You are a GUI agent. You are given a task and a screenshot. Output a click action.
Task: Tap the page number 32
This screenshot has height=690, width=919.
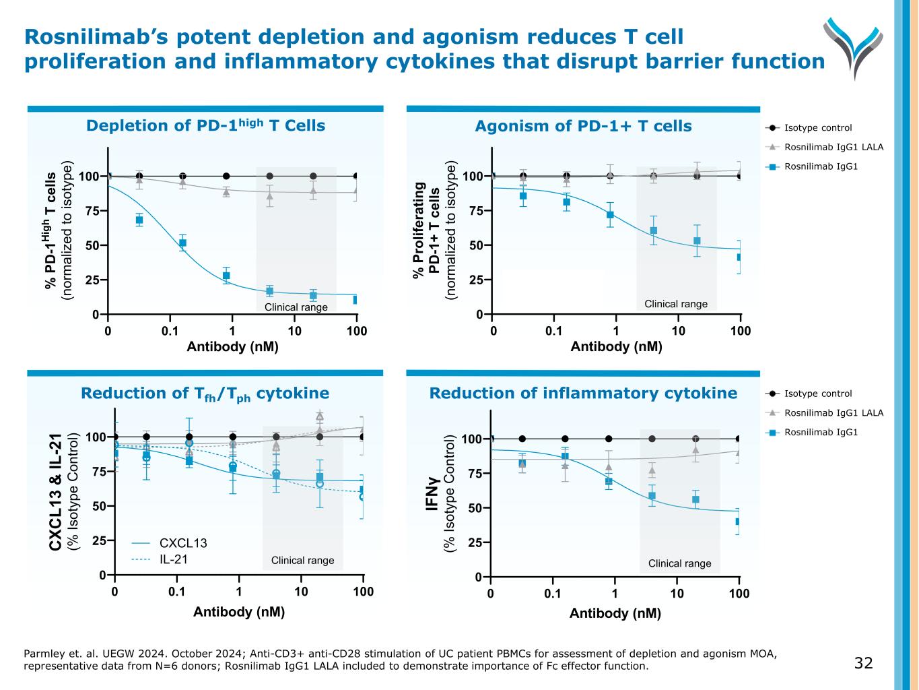tap(863, 663)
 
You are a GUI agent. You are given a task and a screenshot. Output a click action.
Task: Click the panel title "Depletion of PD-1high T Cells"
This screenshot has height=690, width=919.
tap(205, 125)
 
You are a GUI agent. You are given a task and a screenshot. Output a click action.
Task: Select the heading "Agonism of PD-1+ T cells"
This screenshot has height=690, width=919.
tap(583, 126)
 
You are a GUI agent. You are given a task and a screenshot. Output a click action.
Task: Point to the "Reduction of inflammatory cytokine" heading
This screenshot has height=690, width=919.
tap(583, 393)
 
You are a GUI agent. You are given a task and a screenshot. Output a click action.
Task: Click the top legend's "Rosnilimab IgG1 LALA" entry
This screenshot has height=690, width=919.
tap(833, 147)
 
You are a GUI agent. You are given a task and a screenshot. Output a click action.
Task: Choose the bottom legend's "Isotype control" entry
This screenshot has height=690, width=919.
tap(818, 394)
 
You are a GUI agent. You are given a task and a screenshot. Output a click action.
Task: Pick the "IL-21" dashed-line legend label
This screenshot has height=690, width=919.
tap(173, 559)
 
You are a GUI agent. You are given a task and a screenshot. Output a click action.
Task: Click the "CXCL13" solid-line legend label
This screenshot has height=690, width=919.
tap(182, 543)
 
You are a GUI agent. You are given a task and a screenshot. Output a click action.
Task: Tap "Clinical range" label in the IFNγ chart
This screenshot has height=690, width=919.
tap(679, 563)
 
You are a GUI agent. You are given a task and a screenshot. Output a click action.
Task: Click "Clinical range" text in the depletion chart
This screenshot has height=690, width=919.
tap(296, 307)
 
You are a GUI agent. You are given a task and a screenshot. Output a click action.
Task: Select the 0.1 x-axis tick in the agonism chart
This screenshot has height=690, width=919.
tap(553, 330)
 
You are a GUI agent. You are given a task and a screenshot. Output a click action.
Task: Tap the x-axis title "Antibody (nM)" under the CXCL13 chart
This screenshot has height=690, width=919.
tap(239, 612)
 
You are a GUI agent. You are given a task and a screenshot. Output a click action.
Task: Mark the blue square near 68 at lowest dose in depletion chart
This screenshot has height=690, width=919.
tap(139, 220)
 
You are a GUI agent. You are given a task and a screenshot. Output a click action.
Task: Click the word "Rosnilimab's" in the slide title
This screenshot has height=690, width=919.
tap(94, 36)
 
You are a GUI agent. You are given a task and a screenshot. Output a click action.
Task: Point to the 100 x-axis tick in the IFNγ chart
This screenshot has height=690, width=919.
tap(739, 594)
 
